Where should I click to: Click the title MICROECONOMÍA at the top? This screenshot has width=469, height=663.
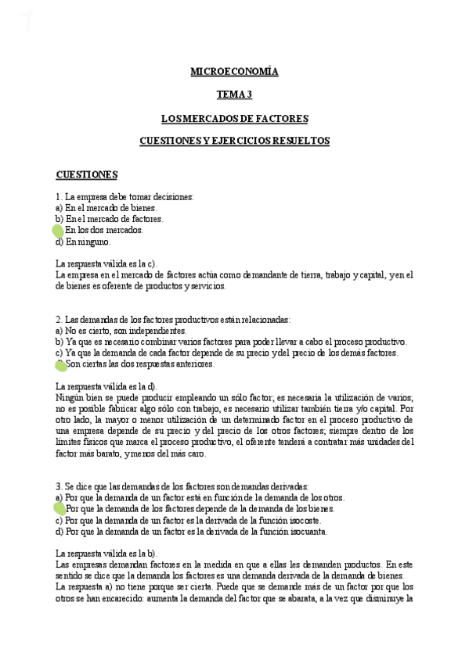point(234,72)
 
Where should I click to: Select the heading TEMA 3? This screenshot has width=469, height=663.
point(234,95)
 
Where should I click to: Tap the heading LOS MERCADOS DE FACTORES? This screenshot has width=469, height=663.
point(234,119)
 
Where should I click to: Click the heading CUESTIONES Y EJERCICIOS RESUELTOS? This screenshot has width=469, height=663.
point(234,141)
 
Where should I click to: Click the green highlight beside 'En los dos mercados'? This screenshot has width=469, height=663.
point(58,231)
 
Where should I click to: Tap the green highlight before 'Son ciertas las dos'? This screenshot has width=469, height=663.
point(60,364)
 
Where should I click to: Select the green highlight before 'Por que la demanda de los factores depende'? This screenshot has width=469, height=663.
point(60,509)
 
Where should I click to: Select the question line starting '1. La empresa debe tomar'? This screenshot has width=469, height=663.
point(124,197)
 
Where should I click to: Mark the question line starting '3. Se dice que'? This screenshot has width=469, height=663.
point(182,486)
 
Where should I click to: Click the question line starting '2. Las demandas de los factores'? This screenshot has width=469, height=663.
point(173,320)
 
